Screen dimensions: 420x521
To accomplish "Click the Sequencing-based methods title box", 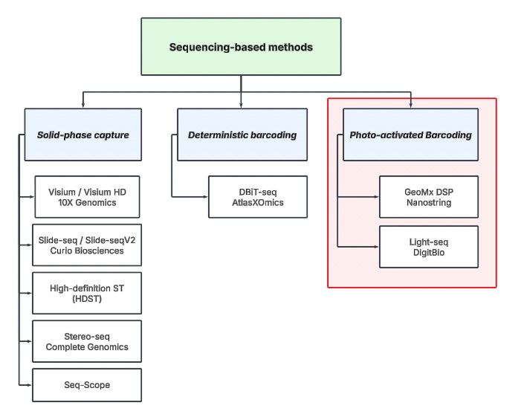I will pyautogui.click(x=241, y=47).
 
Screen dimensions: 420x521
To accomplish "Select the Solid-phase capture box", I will pyautogui.click(x=82, y=135).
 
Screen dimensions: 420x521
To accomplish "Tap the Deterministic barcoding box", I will pyautogui.click(x=242, y=135).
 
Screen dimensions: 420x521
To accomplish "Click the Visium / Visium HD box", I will pyautogui.click(x=87, y=196).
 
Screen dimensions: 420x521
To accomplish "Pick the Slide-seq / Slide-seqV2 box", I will pyautogui.click(x=87, y=245).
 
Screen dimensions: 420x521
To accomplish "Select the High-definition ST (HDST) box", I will pyautogui.click(x=87, y=293).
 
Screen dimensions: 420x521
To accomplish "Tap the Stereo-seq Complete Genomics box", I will pyautogui.click(x=87, y=341).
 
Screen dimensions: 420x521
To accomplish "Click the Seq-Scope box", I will pyautogui.click(x=87, y=384).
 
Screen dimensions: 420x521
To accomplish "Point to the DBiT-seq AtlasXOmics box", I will pyautogui.click(x=257, y=196).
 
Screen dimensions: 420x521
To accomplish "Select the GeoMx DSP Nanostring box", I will pyautogui.click(x=428, y=196).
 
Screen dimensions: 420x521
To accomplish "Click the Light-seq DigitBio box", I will pyautogui.click(x=428, y=247).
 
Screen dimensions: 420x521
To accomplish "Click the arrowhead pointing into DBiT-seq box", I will pyautogui.click(x=205, y=196).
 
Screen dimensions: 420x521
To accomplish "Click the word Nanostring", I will pyautogui.click(x=428, y=202).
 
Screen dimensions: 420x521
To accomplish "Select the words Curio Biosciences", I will pyautogui.click(x=81, y=251).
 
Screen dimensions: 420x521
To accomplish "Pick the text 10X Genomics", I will pyautogui.click(x=87, y=202).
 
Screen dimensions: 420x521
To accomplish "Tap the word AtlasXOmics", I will pyautogui.click(x=257, y=202).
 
